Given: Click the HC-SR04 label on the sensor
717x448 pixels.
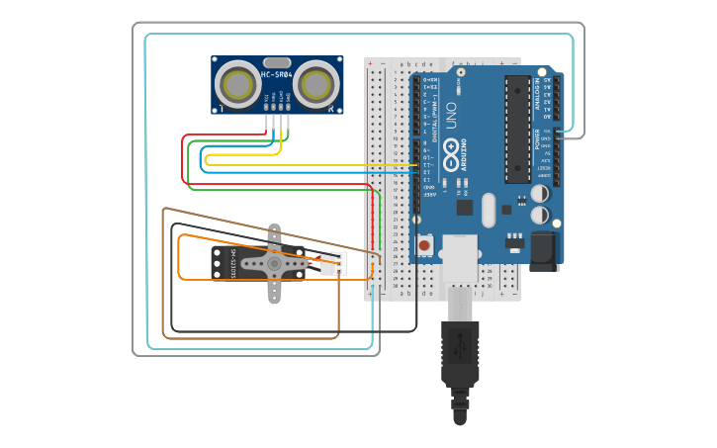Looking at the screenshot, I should pos(276,74).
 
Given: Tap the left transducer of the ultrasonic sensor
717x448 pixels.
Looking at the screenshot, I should pos(238,84).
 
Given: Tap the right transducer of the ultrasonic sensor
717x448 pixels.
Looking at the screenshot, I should pos(315,84).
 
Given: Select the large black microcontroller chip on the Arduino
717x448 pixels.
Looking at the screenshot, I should pos(517,129).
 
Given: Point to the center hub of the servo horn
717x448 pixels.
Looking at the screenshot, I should pos(274,263).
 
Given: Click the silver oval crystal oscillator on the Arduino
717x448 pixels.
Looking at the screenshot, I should pos(489,210).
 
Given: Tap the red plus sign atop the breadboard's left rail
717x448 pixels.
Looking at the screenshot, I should pos(371,63).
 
